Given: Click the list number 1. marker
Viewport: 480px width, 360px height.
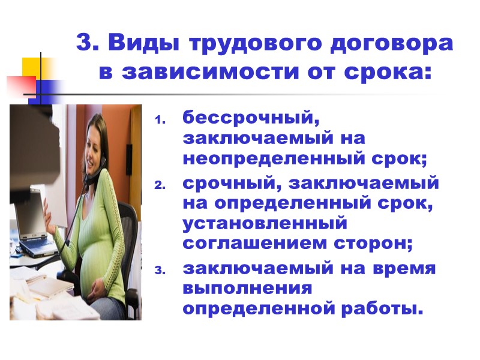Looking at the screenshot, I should coord(160,119).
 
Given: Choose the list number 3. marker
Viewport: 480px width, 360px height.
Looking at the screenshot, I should coord(160,271).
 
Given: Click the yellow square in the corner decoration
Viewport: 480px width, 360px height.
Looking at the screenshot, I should coord(31,67).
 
